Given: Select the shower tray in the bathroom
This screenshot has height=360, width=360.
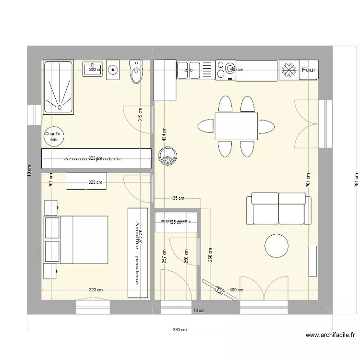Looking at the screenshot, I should click(x=58, y=86).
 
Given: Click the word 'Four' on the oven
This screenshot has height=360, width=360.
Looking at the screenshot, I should click(x=309, y=70).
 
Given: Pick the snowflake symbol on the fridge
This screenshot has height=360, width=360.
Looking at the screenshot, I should click(x=288, y=70).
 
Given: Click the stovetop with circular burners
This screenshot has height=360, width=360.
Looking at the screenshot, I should click(x=225, y=70).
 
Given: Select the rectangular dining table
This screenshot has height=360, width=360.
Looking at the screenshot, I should click(x=236, y=126).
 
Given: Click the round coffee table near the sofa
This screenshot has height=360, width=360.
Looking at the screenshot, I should click(x=277, y=245).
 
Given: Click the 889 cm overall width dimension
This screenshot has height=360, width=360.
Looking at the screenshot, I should click(x=180, y=330).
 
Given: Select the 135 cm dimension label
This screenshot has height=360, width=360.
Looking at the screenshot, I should click(x=178, y=198).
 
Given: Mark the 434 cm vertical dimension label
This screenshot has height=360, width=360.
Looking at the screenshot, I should click(x=164, y=136).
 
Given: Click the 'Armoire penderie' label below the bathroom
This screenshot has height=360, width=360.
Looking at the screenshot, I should click(x=94, y=158).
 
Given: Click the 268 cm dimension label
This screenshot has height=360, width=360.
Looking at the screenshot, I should click(x=210, y=257).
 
